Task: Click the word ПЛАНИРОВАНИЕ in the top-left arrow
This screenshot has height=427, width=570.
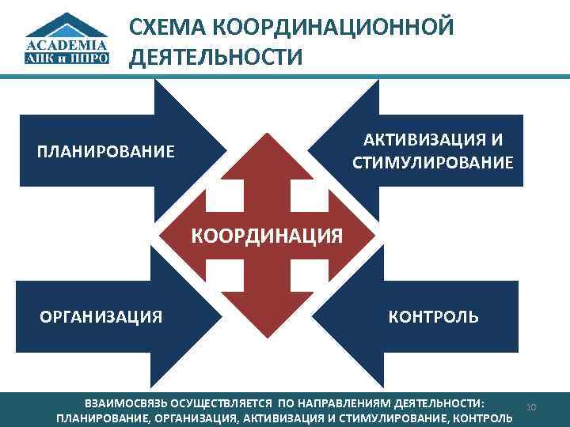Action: tap(106, 151)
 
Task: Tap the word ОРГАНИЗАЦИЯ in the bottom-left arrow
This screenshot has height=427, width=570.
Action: tap(101, 317)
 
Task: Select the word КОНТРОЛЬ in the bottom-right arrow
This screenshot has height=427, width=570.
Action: tap(433, 317)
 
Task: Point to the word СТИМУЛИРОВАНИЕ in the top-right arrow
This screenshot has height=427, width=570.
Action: tap(433, 163)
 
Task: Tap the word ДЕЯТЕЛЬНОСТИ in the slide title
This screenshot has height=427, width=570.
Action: tap(215, 58)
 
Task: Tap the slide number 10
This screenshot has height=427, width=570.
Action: tap(531, 407)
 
